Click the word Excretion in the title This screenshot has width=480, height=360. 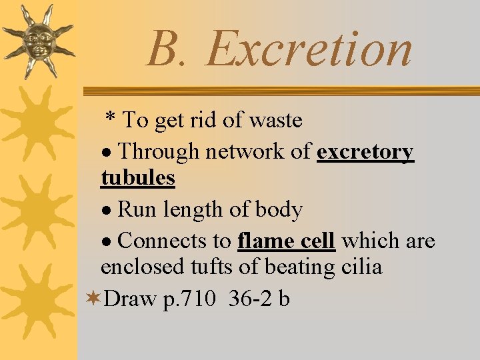click(x=309, y=49)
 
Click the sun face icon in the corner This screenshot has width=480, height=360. click(x=38, y=40)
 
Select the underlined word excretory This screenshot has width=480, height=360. click(x=365, y=152)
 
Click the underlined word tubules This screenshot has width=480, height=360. click(x=138, y=178)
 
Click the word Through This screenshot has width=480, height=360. click(x=158, y=152)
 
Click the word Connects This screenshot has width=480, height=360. click(x=174, y=240)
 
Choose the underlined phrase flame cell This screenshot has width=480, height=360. click(x=286, y=240)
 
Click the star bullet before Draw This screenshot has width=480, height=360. click(x=94, y=299)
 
